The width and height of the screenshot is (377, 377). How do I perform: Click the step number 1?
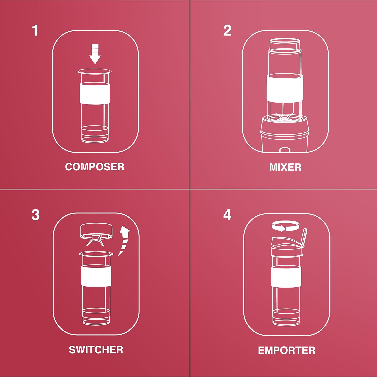[35, 30]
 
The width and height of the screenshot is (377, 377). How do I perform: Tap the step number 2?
[227, 31]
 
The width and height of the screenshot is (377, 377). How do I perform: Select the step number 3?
[35, 215]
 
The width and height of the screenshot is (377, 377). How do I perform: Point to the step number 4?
[227, 215]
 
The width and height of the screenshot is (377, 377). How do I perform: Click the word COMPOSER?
[95, 167]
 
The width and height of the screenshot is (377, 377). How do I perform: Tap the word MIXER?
[285, 167]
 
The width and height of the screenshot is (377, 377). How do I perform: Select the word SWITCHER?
[96, 350]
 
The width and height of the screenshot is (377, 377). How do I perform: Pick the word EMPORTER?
[287, 350]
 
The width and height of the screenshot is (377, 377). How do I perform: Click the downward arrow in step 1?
[95, 54]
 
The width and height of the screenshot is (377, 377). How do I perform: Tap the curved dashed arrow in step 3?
[124, 240]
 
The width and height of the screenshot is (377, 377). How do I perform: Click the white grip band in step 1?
[95, 93]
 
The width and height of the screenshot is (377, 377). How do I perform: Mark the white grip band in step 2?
[285, 88]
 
